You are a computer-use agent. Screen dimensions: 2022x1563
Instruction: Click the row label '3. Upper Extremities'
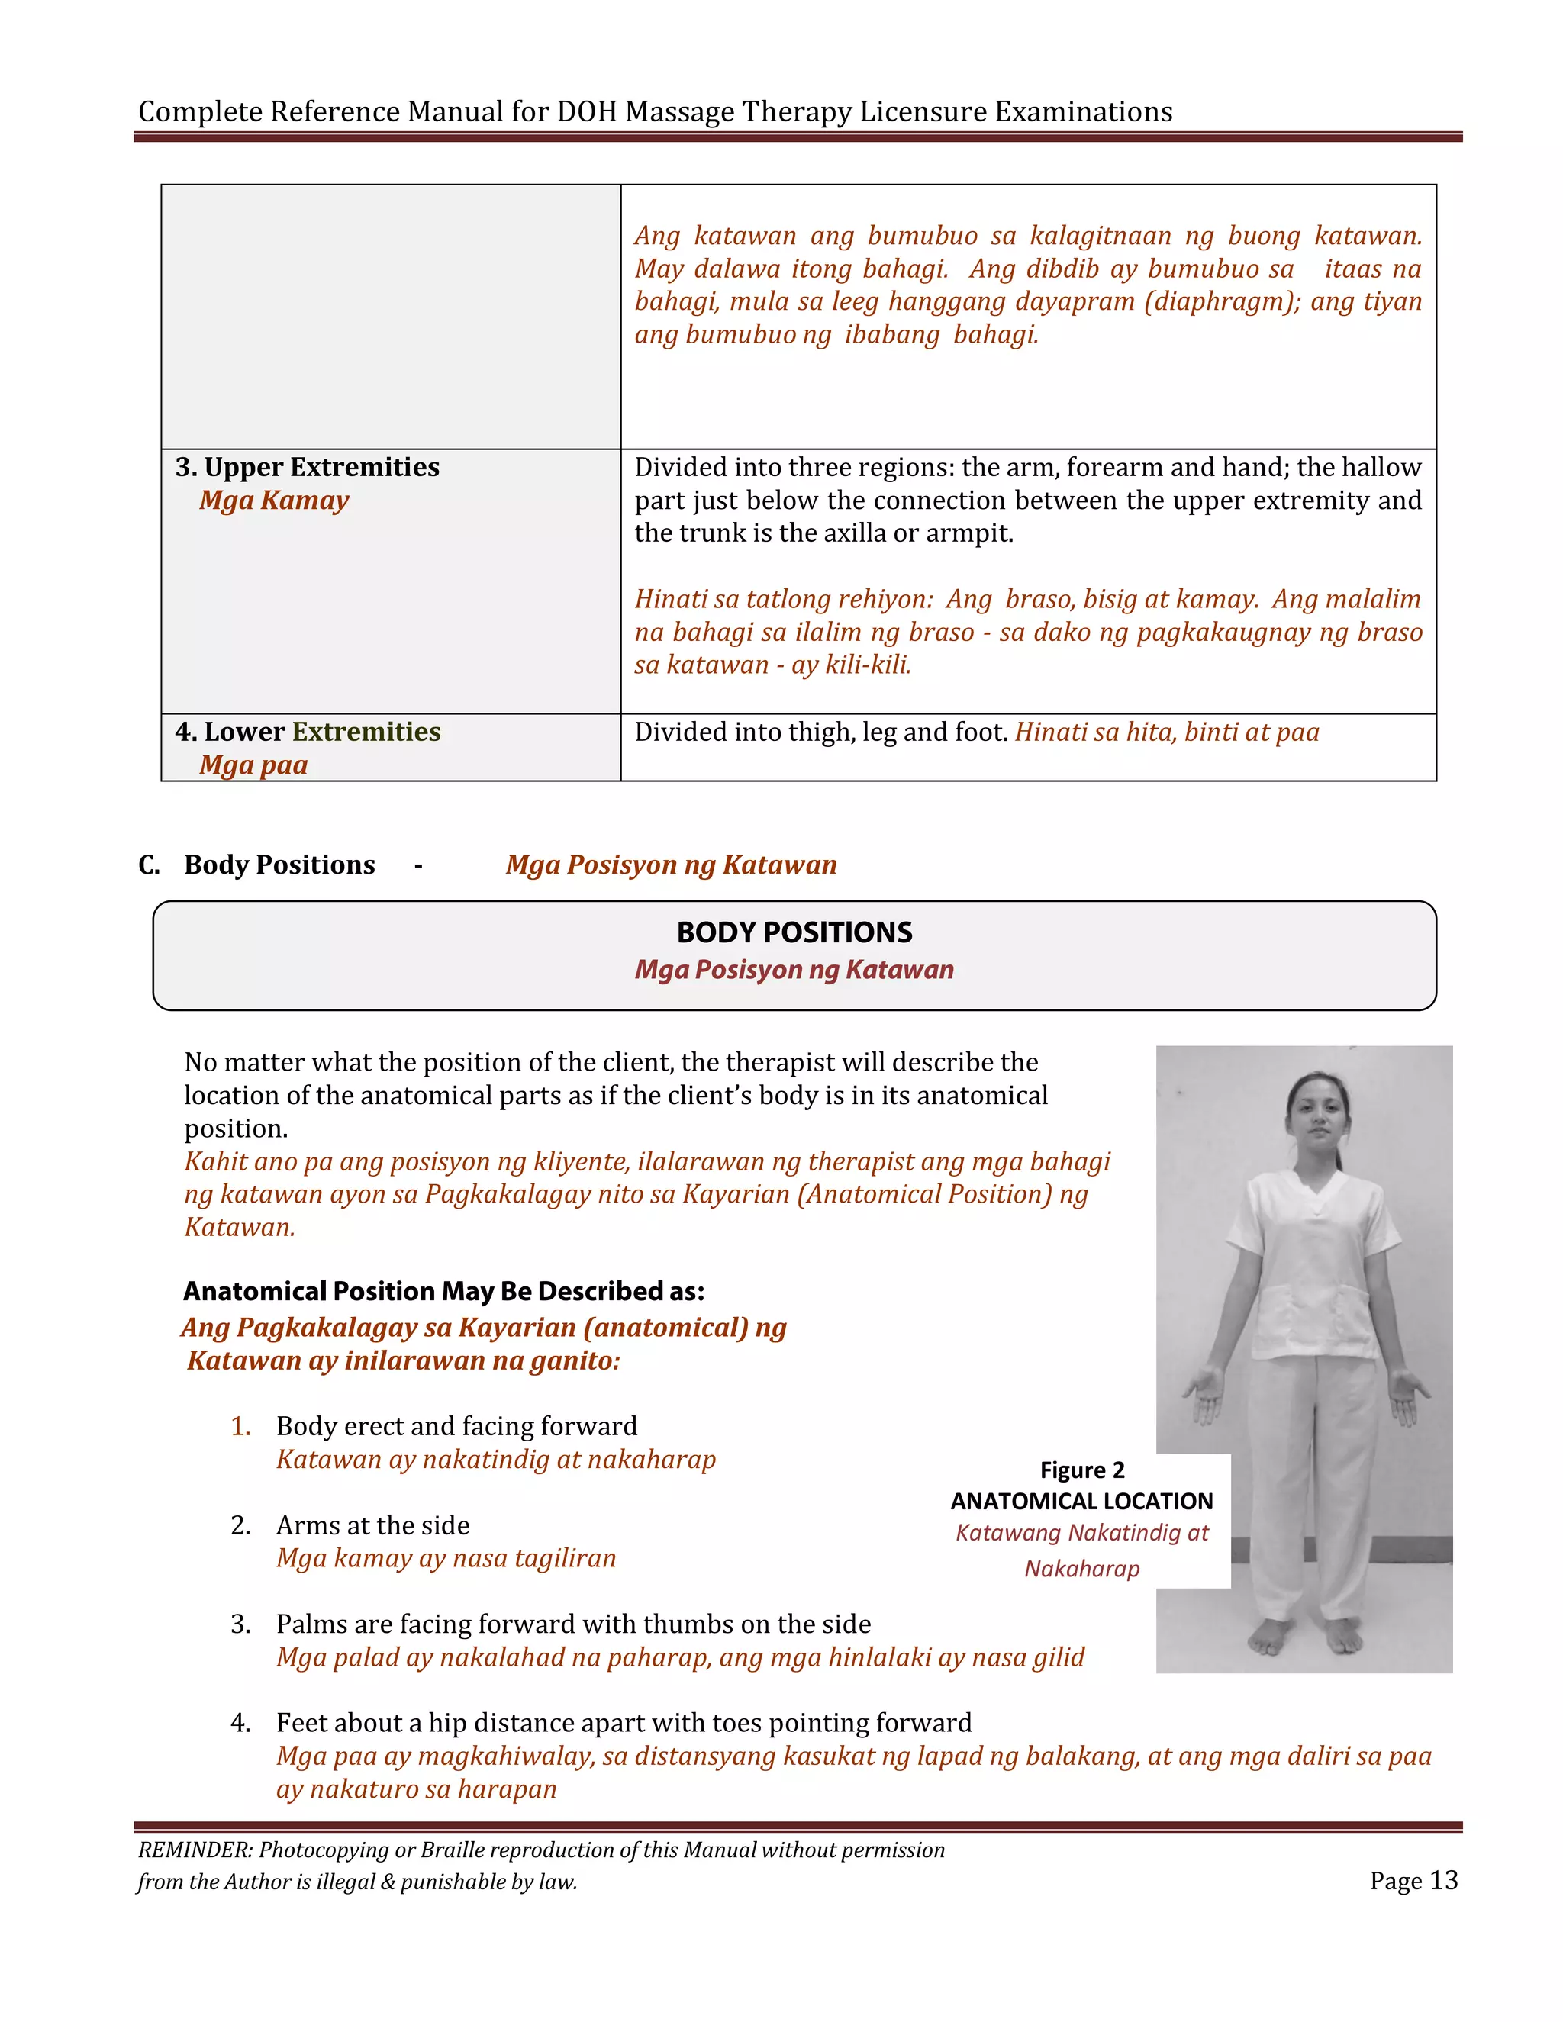307,467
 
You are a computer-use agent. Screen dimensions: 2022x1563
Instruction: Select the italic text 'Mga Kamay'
274,500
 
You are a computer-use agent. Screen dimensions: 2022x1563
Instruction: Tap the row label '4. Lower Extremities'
307,732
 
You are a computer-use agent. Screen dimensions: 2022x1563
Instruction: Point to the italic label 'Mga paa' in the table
253,765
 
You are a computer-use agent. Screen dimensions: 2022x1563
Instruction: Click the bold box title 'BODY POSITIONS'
794,932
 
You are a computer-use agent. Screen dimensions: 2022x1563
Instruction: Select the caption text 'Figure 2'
1081,1470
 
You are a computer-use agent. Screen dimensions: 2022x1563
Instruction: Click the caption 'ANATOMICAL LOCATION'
1081,1501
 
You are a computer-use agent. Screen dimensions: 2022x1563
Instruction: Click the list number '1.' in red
240,1427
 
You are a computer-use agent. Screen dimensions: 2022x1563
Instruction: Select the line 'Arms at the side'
372,1525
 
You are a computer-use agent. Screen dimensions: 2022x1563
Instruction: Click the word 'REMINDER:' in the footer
195,1850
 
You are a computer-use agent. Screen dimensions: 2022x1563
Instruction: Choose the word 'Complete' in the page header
200,111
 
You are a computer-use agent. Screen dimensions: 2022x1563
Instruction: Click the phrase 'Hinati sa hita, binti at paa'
1167,732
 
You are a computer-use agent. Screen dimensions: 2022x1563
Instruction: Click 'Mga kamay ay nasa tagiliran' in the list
446,1558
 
